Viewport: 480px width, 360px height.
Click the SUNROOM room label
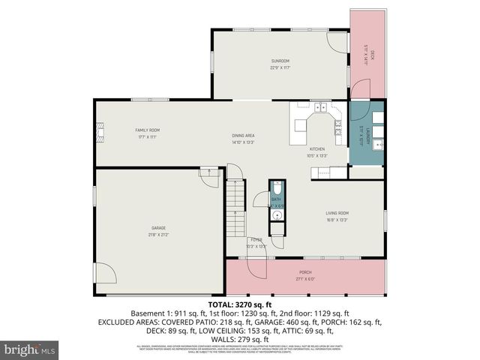[x=280, y=61]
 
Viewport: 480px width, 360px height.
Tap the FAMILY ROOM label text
[x=147, y=130]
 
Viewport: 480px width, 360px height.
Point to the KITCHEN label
[x=317, y=150]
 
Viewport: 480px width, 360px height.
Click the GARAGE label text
[x=158, y=228]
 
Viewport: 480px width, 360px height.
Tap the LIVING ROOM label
[x=337, y=213]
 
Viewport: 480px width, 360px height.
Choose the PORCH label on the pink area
[x=305, y=272]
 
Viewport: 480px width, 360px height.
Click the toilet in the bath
[x=276, y=188]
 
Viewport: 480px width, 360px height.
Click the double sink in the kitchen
[x=320, y=108]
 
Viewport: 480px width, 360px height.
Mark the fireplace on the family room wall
[x=98, y=136]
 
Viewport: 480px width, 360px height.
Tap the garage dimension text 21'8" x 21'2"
[x=158, y=235]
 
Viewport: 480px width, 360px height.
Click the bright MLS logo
[x=29, y=349]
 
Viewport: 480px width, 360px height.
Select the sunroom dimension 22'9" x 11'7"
[x=280, y=67]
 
